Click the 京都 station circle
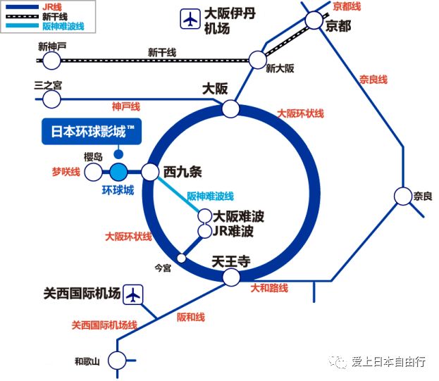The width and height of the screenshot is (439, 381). coord(314,20)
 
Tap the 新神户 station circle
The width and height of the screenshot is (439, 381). coord(51,61)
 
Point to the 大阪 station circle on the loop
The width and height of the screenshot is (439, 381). coord(230,109)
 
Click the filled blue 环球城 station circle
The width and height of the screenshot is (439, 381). coord(118,172)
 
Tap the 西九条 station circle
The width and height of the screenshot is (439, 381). coord(150,172)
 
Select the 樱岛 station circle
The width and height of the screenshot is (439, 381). coord(93,172)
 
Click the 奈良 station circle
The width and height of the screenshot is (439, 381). coord(403,196)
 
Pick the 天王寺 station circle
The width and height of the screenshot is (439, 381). coord(230,277)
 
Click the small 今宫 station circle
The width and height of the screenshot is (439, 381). coord(181,258)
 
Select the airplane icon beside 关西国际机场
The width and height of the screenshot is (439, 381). coord(132,294)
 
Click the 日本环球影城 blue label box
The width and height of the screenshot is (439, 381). coord(91,132)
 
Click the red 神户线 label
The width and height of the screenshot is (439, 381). coord(126,106)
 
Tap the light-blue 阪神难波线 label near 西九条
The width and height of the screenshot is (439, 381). coord(210,196)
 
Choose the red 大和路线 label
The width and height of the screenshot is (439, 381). coord(270,288)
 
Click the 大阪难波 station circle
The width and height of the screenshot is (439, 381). coord(205,216)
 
